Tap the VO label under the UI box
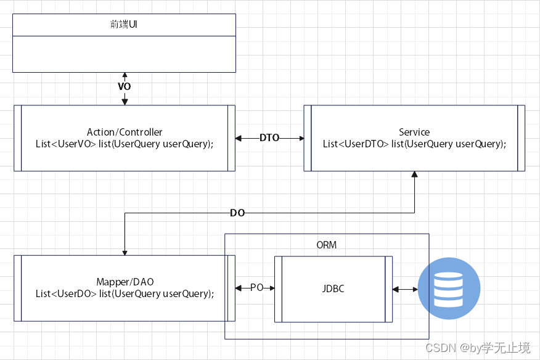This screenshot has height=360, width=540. pos(124,86)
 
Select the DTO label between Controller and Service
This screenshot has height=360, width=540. pos(269,138)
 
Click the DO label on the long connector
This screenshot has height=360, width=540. pos(237,213)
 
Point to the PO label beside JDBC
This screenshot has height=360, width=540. pos(258,288)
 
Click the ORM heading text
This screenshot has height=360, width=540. pos(326,245)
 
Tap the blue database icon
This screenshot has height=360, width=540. pos(449,288)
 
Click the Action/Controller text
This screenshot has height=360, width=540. pos(125,132)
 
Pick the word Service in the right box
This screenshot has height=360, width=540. pos(414,132)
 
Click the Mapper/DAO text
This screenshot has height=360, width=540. pos(125,282)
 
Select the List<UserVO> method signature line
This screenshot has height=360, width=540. pos(125,144)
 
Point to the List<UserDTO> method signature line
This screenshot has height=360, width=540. pos(414,144)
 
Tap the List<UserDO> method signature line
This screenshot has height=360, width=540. pos(125,293)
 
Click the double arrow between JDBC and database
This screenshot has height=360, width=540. pos(405,288)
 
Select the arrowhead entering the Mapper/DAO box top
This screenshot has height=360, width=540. pos(125,252)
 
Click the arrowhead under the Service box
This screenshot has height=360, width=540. pos(414,174)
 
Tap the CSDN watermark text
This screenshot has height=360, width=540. pos(477,348)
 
